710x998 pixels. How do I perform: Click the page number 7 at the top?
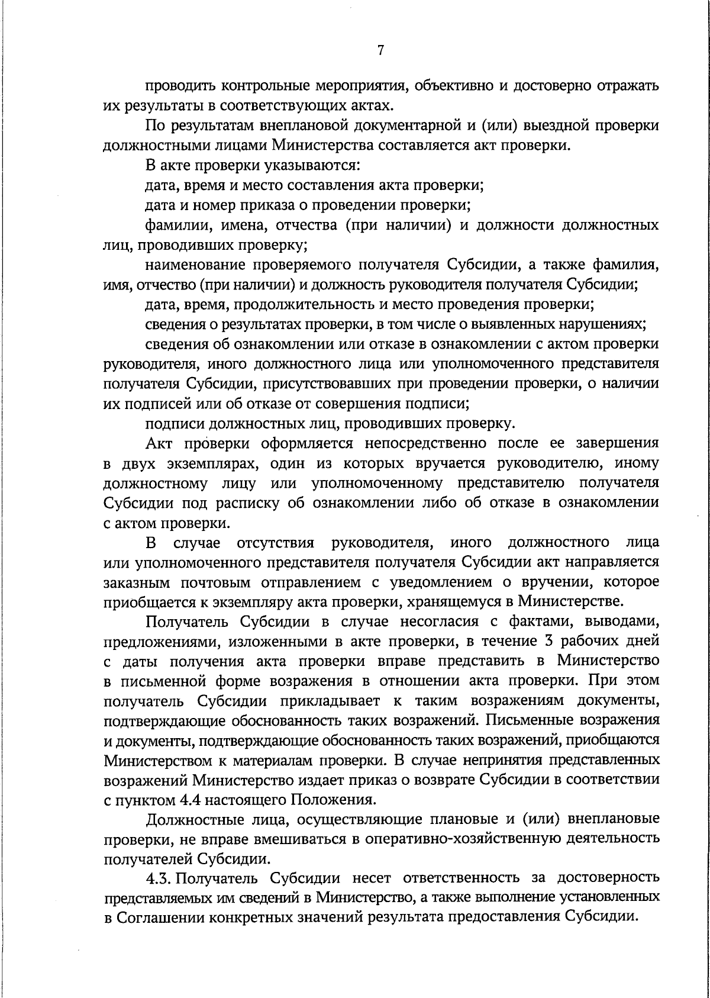(380, 51)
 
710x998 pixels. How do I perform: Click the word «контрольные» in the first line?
(259, 86)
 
